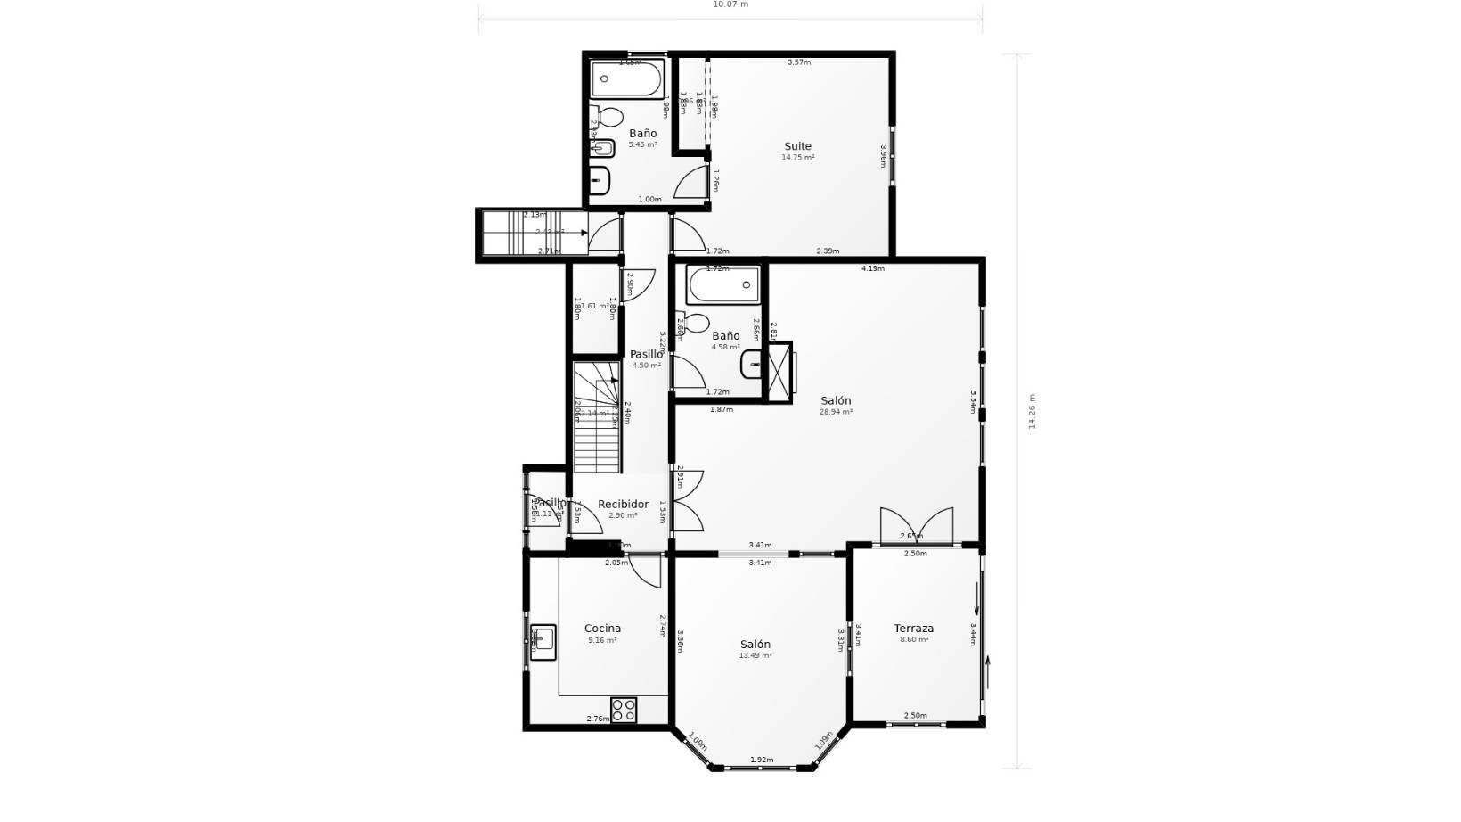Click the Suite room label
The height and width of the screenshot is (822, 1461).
coord(797,146)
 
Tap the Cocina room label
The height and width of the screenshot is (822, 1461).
coord(602,629)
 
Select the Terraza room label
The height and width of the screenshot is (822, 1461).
coord(914,629)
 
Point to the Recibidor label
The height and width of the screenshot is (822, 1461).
coord(623,505)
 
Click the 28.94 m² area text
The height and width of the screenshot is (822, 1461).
coord(836,412)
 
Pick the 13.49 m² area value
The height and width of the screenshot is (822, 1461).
coord(755,655)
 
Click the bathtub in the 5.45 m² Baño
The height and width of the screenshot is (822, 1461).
coord(627,79)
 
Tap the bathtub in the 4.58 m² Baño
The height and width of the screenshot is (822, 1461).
coord(722,286)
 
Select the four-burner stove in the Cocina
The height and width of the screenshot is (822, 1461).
coord(624,710)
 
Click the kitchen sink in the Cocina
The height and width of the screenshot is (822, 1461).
coord(543,638)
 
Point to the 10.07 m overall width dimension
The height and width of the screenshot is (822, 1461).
coord(730,4)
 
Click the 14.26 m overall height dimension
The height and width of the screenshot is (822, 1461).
coord(1032,412)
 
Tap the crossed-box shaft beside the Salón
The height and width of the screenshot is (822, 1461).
coord(779,371)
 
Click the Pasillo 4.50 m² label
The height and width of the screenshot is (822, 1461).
coord(646,355)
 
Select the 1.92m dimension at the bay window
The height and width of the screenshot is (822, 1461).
coord(762,760)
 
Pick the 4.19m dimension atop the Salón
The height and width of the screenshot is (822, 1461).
coord(873,268)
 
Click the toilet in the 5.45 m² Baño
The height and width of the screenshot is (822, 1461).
coord(609,116)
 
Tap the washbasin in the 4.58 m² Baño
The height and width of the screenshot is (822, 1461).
coord(752,363)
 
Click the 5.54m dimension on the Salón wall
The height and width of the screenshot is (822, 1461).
coord(973,401)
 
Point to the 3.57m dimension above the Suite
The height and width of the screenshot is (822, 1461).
coord(799,62)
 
